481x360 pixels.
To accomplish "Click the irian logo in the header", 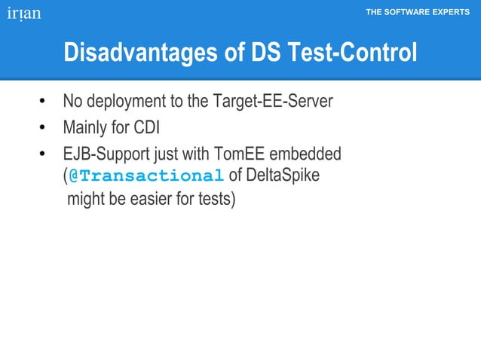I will pyautogui.click(x=24, y=14).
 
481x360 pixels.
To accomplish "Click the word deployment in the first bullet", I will pyautogui.click(x=125, y=101).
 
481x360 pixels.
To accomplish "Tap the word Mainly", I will pyautogui.click(x=85, y=128).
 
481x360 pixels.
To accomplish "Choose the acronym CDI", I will pyautogui.click(x=145, y=128).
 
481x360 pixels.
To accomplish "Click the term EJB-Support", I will pyautogui.click(x=106, y=155).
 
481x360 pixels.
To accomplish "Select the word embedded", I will pyautogui.click(x=305, y=155).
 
